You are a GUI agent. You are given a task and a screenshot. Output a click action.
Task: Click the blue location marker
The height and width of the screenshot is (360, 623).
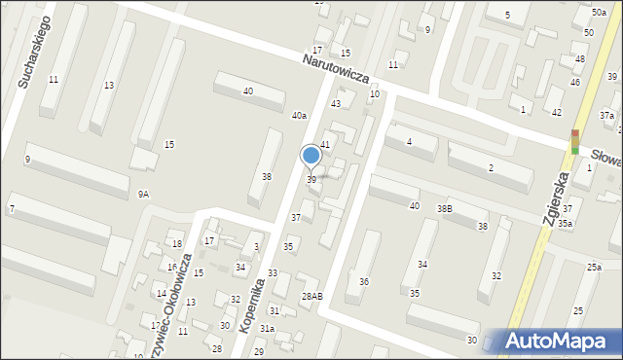pos(311,156)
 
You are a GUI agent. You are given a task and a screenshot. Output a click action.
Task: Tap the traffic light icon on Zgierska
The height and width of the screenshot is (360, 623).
pos(575,141)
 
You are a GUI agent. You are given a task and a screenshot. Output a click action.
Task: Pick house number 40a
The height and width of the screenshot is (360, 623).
pos(300,116)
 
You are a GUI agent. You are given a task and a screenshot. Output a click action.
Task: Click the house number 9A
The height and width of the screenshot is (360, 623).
pos(143,195)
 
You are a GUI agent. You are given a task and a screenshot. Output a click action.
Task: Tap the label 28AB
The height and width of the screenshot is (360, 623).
pos(311,296)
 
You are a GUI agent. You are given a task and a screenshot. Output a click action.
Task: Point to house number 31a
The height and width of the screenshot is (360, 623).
pos(267,329)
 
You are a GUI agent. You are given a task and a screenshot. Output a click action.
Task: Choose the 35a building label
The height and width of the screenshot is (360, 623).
pos(565,224)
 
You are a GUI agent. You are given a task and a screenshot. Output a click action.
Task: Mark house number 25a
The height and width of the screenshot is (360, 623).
pos(594,267)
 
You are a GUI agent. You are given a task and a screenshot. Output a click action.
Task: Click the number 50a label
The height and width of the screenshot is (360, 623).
pos(598,12)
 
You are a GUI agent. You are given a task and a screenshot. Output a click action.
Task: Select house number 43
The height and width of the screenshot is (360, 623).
pos(336,103)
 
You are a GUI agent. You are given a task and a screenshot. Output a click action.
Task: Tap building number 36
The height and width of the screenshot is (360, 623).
pos(363,282)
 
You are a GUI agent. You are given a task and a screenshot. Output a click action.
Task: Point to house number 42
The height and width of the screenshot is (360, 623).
pos(556,113)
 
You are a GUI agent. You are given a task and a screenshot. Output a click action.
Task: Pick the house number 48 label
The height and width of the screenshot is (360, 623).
pos(579,59)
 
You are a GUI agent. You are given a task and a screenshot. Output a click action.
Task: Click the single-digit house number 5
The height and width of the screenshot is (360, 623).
pos(507,16)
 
